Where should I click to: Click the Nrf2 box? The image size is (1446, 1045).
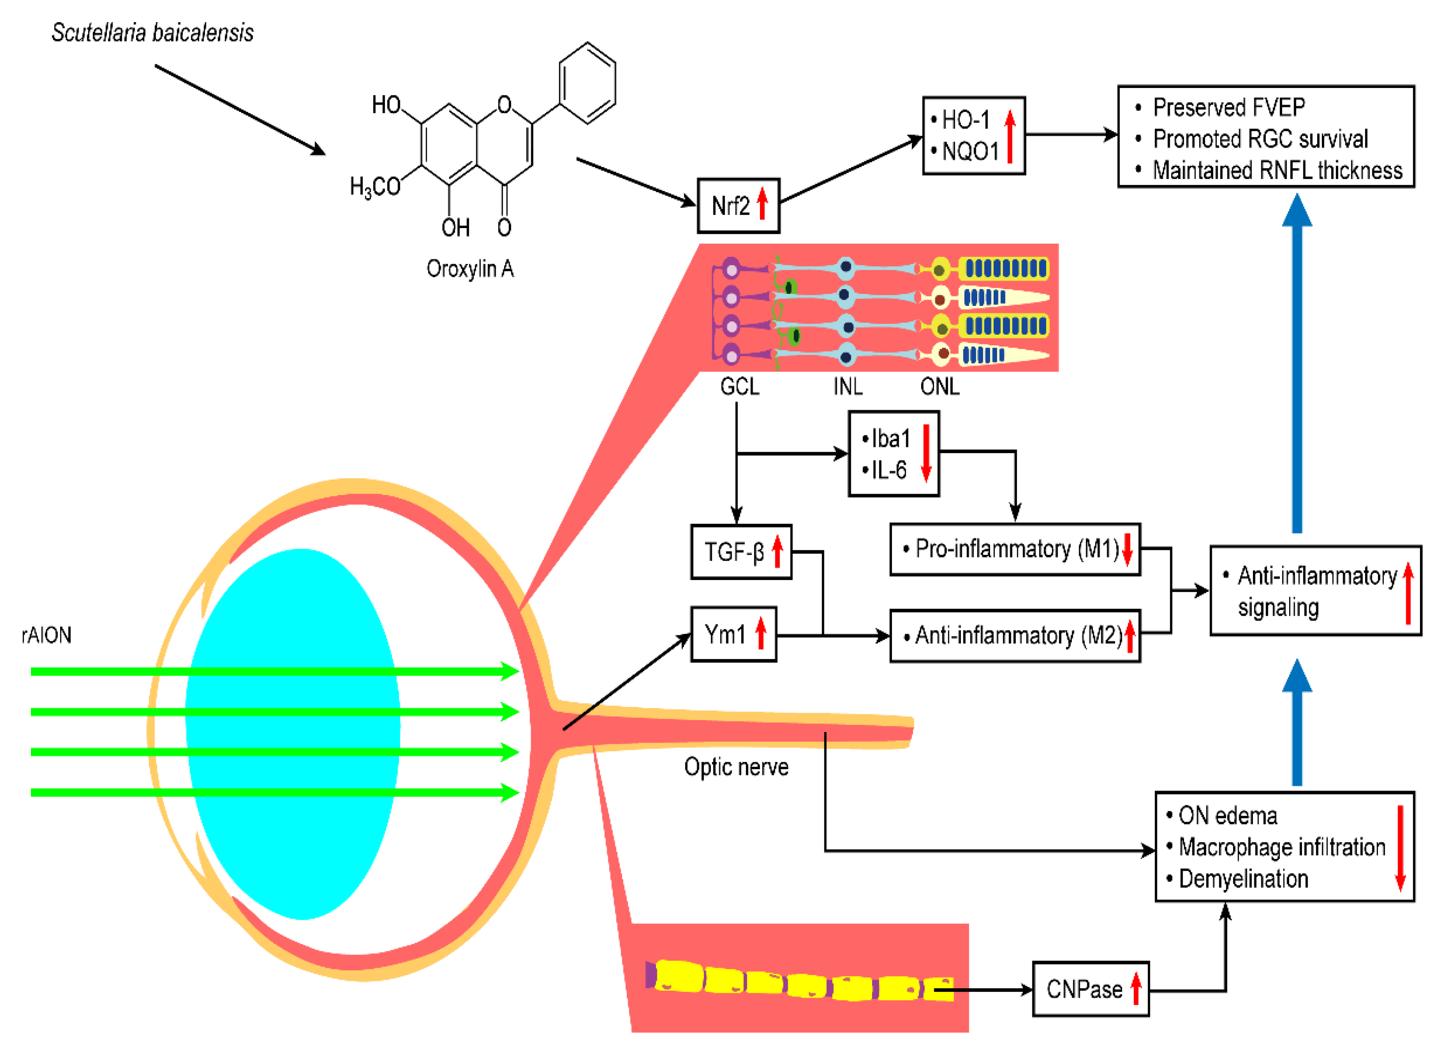738,206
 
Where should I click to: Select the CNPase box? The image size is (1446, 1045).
1090,989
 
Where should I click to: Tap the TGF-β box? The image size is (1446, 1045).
741,552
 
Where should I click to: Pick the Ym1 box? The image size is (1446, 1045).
733,635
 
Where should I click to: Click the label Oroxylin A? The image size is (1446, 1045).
470,269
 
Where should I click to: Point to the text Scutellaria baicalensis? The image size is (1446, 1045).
152,33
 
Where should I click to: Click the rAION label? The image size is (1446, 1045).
46,635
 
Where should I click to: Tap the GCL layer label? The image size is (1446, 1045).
740,387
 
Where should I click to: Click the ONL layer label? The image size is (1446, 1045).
940,387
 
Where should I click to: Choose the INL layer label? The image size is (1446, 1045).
848,387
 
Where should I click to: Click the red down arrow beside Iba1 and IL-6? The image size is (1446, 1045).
926,453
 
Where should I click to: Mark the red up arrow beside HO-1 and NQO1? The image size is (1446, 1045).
1010,136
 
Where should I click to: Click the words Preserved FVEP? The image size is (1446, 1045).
1229,107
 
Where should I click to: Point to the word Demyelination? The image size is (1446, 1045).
1243,879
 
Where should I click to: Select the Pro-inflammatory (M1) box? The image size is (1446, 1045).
1014,549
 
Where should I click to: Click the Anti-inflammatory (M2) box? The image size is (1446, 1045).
1014,635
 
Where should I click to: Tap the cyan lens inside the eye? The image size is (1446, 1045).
293,734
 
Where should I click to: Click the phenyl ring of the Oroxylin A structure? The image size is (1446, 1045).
587,83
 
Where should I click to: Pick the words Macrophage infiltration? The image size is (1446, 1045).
1282,847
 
